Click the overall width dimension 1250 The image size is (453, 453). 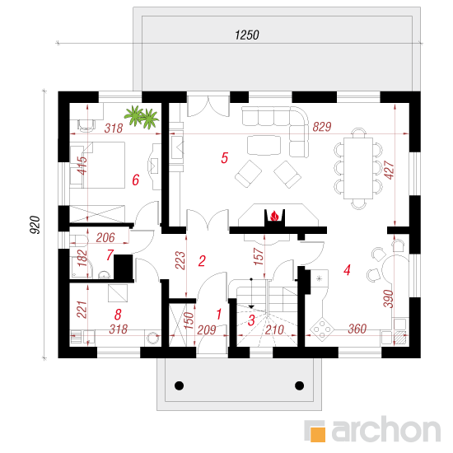pos(247,35)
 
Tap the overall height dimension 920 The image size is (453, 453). pos(35,225)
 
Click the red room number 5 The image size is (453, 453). pos(225,158)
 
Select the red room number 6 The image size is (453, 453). pos(136,180)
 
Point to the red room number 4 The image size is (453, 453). pos(347,270)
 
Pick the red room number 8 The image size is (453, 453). pos(118,315)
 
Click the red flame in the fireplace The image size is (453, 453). pos(274,216)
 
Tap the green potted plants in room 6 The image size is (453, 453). pos(142,117)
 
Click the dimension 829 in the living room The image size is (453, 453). pos(322,127)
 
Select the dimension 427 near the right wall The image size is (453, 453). pos(390,170)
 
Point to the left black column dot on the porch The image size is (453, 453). pos(179,385)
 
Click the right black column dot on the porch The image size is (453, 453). pos(299,385)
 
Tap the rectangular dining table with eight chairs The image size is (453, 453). pos(358,168)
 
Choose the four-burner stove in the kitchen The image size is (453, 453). pos(322,329)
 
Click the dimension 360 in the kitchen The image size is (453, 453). pos(357,329)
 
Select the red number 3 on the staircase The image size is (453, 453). pos(251,320)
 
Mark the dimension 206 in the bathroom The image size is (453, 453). pos(105,237)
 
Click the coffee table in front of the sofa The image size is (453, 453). pos(264,145)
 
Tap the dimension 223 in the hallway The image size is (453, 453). pos(180,260)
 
